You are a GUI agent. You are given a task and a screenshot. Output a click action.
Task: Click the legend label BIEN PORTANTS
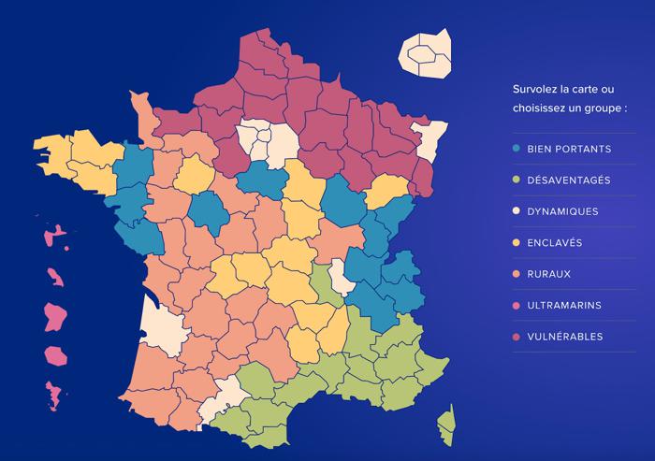pos(569,149)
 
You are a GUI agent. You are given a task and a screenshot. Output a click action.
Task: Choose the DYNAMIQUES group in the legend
pos(562,211)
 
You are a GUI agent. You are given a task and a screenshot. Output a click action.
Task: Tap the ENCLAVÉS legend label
pos(556,242)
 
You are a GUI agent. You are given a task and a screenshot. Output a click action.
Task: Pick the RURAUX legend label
pos(550,274)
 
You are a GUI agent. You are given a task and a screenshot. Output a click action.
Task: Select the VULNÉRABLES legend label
pos(564,337)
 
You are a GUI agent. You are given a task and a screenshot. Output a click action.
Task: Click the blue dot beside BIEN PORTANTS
pos(517,149)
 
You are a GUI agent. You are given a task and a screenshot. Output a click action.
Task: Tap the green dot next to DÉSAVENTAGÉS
pos(517,180)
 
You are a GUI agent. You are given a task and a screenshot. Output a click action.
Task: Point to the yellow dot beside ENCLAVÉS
pos(517,242)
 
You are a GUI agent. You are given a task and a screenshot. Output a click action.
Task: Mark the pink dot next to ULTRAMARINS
pos(517,305)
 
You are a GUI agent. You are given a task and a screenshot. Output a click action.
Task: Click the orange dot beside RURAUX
pos(517,274)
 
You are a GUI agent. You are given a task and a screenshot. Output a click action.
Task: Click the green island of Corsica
pos(447,425)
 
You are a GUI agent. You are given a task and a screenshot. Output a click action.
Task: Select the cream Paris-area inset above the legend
pos(426,54)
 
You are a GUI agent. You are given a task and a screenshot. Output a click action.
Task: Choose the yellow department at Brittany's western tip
pos(53,151)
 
